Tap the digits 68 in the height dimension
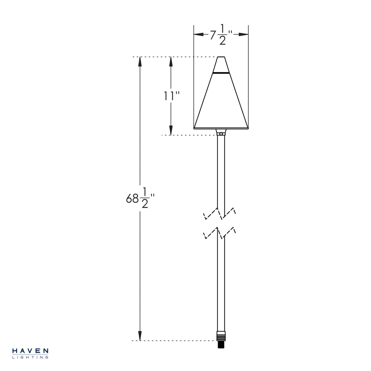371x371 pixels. click(132, 198)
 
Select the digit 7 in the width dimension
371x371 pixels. click(213, 36)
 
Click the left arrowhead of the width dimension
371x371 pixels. click(198, 34)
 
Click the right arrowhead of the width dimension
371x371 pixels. click(244, 34)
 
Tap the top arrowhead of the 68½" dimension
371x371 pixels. click(140, 62)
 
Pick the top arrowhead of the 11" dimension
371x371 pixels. click(171, 62)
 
